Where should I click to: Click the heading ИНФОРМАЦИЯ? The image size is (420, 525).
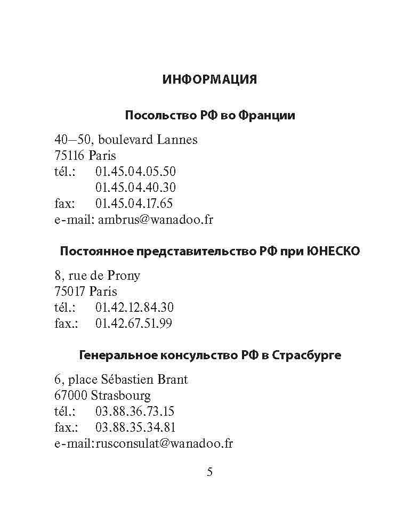(209, 79)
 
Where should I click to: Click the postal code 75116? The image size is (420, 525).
(70, 156)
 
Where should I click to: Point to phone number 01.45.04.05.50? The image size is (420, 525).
(135, 172)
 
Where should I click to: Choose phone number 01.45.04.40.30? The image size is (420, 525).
(135, 188)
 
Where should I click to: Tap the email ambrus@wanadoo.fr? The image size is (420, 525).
(156, 220)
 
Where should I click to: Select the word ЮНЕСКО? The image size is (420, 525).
(334, 251)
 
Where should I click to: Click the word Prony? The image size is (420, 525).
(124, 276)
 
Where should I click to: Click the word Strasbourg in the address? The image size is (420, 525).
(120, 395)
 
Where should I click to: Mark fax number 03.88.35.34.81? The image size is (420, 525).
(135, 427)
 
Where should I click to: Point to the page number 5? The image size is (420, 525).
(209, 472)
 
